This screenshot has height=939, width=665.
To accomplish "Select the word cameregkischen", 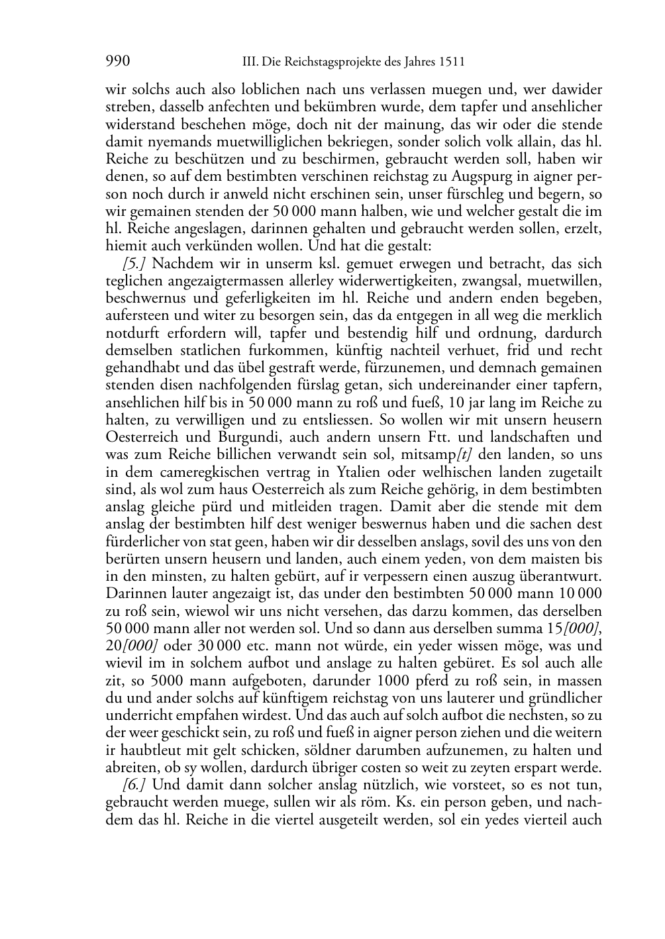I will click(211, 472).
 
